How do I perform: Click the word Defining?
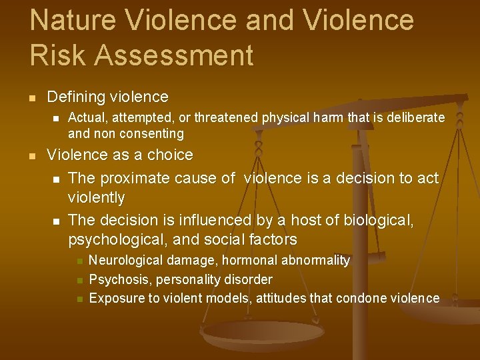[x=74, y=97]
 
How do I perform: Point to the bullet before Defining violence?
[x=32, y=97]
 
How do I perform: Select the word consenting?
[x=150, y=133]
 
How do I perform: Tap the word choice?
[x=171, y=155]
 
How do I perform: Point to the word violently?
[x=97, y=198]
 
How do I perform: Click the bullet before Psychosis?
[x=79, y=280]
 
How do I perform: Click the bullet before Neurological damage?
[x=79, y=261]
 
